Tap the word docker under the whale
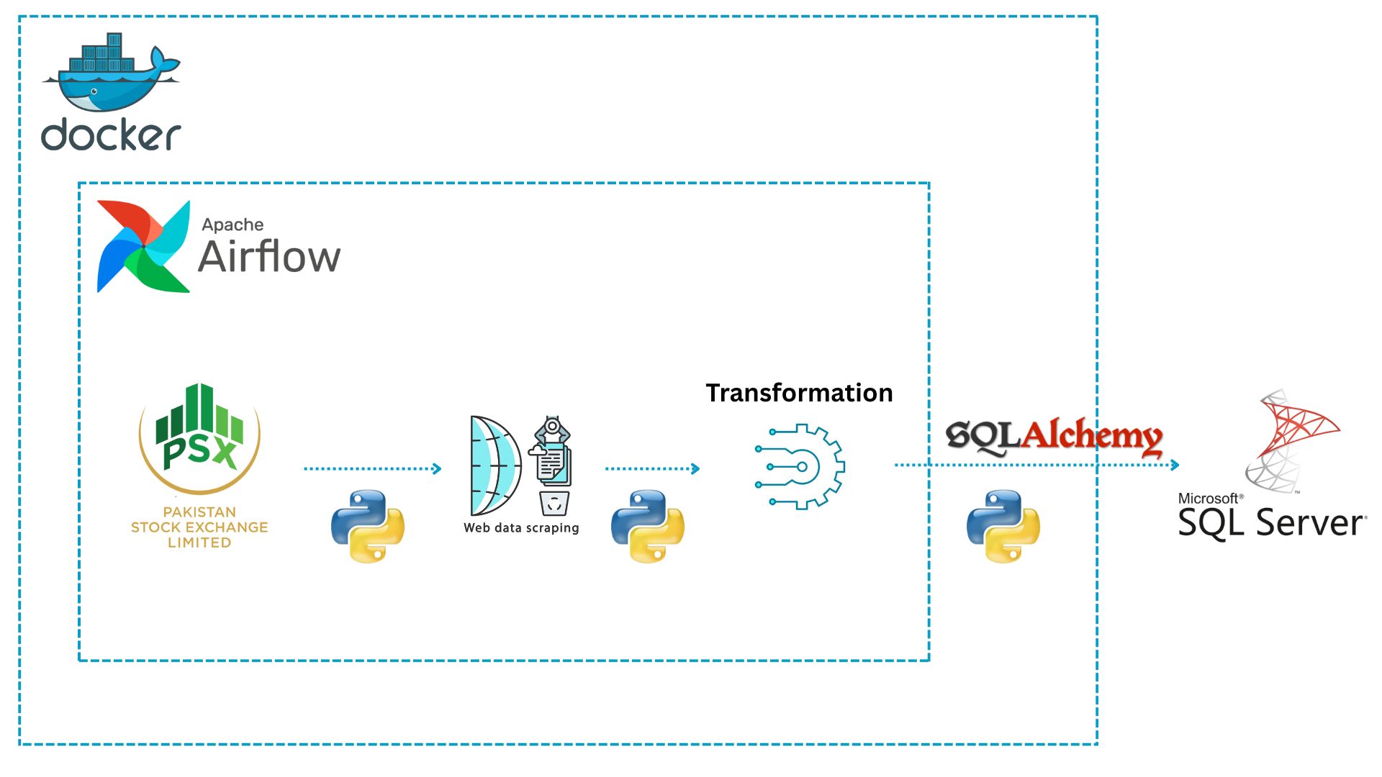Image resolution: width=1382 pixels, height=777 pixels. [111, 135]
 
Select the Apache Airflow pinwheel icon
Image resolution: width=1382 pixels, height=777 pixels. [143, 247]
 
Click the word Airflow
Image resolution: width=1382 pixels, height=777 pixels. [269, 256]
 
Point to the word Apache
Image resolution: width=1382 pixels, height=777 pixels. [232, 224]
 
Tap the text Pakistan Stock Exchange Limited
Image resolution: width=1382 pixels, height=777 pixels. [199, 527]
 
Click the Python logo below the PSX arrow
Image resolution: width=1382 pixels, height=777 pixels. [368, 526]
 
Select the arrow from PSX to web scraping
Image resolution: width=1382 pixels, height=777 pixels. [372, 469]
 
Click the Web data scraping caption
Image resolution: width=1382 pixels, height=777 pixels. [521, 528]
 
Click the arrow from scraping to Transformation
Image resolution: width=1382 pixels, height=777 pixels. [652, 469]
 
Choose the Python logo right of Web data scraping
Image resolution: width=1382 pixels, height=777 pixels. [648, 526]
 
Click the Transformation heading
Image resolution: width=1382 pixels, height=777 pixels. [799, 393]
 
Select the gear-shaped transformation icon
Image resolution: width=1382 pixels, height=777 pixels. [800, 466]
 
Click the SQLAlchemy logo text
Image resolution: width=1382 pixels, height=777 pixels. [1054, 436]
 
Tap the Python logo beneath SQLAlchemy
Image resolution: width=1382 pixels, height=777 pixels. [1003, 526]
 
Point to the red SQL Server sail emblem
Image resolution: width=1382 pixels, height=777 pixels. [1293, 440]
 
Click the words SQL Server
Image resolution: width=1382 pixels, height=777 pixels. [1271, 522]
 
